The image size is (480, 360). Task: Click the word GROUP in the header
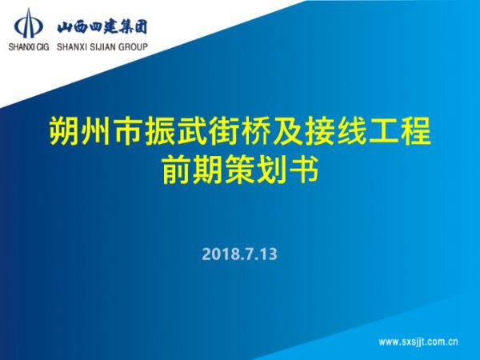click(133, 46)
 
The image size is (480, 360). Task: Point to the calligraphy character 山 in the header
click(65, 26)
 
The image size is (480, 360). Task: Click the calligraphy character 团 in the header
click(142, 26)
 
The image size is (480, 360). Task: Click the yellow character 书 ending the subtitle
click(305, 170)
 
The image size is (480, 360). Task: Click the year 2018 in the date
click(218, 255)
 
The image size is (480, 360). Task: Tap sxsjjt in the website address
click(416, 342)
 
